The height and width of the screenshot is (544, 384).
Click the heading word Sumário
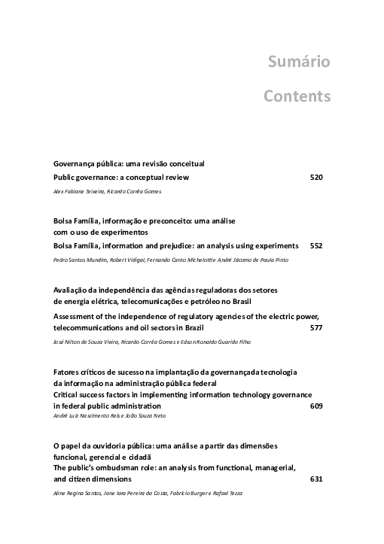click(x=299, y=62)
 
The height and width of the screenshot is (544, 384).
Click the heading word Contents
click(x=297, y=96)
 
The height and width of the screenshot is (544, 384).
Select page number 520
click(x=316, y=177)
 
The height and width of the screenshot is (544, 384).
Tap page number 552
click(x=316, y=245)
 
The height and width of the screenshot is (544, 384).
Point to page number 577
click(x=316, y=328)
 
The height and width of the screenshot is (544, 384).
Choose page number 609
click(x=316, y=406)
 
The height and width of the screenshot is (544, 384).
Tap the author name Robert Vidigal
click(x=119, y=260)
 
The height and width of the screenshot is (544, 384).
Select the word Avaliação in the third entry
click(x=71, y=290)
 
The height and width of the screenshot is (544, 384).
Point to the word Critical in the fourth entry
click(x=67, y=394)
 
